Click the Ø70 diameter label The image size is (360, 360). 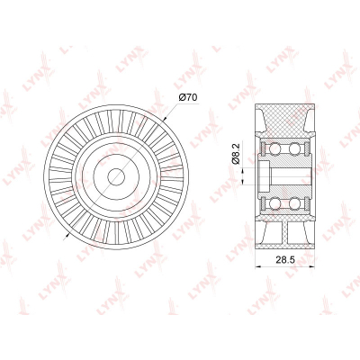coord(188,97)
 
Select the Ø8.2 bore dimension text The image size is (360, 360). coord(236,154)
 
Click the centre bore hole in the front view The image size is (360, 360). coord(116,176)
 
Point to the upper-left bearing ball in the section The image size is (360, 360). coord(274,148)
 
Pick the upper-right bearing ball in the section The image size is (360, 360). coord(294,148)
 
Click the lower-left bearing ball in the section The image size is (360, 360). coord(274,203)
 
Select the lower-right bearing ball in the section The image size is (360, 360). coord(294,203)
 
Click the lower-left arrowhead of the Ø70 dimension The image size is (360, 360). coord(67,234)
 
